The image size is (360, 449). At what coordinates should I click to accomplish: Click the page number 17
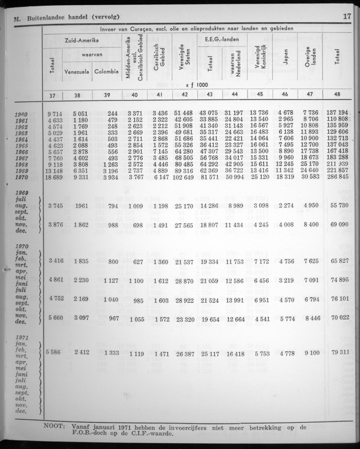click(x=346, y=17)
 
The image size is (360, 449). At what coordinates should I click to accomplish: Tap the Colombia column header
click(x=106, y=72)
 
